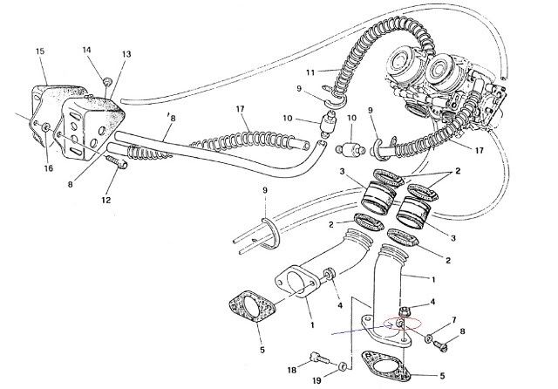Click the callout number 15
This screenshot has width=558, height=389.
[x=40, y=52]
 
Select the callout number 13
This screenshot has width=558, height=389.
[x=126, y=54]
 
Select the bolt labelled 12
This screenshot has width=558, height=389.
[x=115, y=161]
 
